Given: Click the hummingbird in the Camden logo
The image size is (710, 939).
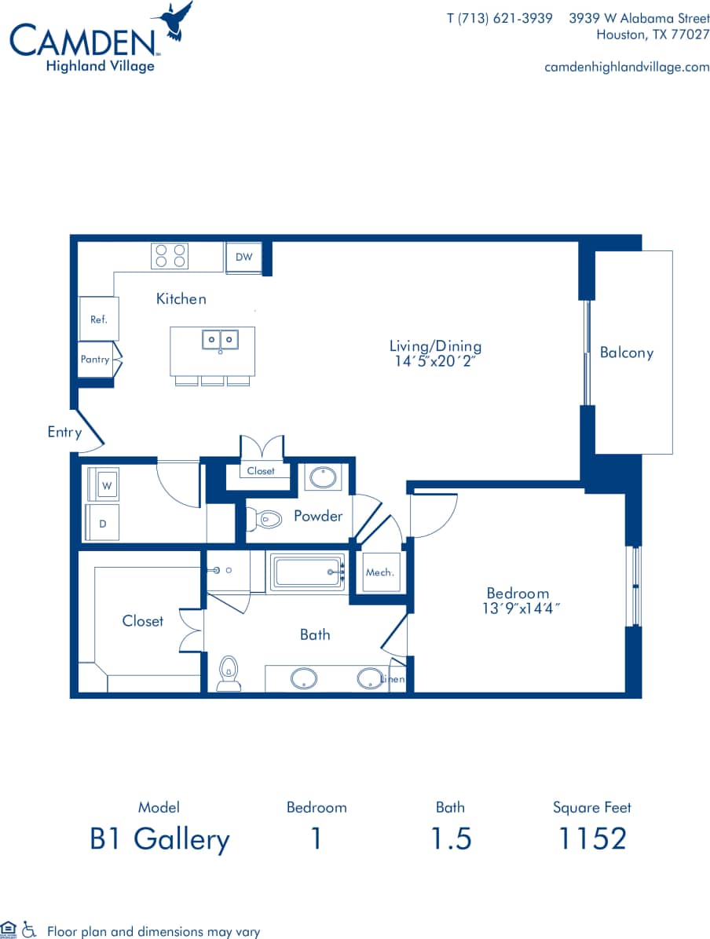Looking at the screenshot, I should (x=177, y=19).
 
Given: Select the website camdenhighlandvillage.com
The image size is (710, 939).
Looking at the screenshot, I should (x=627, y=67).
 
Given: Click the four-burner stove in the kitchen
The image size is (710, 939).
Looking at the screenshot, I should (x=170, y=256).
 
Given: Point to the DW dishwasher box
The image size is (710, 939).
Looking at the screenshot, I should (x=243, y=258).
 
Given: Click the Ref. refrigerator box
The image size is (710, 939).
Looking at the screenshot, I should (x=98, y=319).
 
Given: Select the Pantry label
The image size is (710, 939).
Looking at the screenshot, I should (x=95, y=360).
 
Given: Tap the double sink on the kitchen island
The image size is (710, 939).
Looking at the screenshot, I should (x=220, y=340).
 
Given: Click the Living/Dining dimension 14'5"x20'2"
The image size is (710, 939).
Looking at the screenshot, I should (x=435, y=362).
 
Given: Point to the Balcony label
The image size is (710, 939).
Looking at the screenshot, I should (x=626, y=353).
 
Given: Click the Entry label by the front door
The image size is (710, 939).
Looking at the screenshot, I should (x=64, y=432).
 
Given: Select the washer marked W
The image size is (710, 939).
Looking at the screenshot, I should (x=104, y=486).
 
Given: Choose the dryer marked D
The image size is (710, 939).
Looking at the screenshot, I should (x=103, y=523).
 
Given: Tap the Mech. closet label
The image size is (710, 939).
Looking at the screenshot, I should (x=380, y=572).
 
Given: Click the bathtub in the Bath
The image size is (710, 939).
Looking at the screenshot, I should (x=309, y=571).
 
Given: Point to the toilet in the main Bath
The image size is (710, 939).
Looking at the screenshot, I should (x=229, y=673).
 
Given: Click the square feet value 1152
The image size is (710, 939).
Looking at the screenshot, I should (x=591, y=839).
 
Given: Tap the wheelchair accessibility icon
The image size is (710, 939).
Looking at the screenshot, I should (x=30, y=930).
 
